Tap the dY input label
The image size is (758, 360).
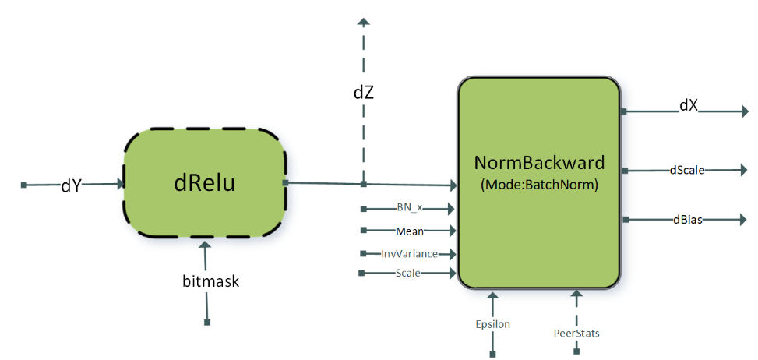(x=72, y=185)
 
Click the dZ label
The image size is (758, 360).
(x=364, y=92)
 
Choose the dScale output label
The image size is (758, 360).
(x=688, y=169)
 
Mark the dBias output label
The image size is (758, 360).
(x=687, y=220)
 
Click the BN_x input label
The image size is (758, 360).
(x=408, y=208)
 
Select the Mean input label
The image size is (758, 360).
(x=410, y=231)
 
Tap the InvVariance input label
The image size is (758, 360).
(x=408, y=253)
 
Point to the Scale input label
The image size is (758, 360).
(x=409, y=273)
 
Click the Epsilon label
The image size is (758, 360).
(x=492, y=324)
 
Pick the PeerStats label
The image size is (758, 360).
(x=577, y=333)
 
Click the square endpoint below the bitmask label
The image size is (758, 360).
(x=206, y=322)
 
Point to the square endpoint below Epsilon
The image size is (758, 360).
(x=492, y=354)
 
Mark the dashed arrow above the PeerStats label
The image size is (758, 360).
(x=577, y=305)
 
